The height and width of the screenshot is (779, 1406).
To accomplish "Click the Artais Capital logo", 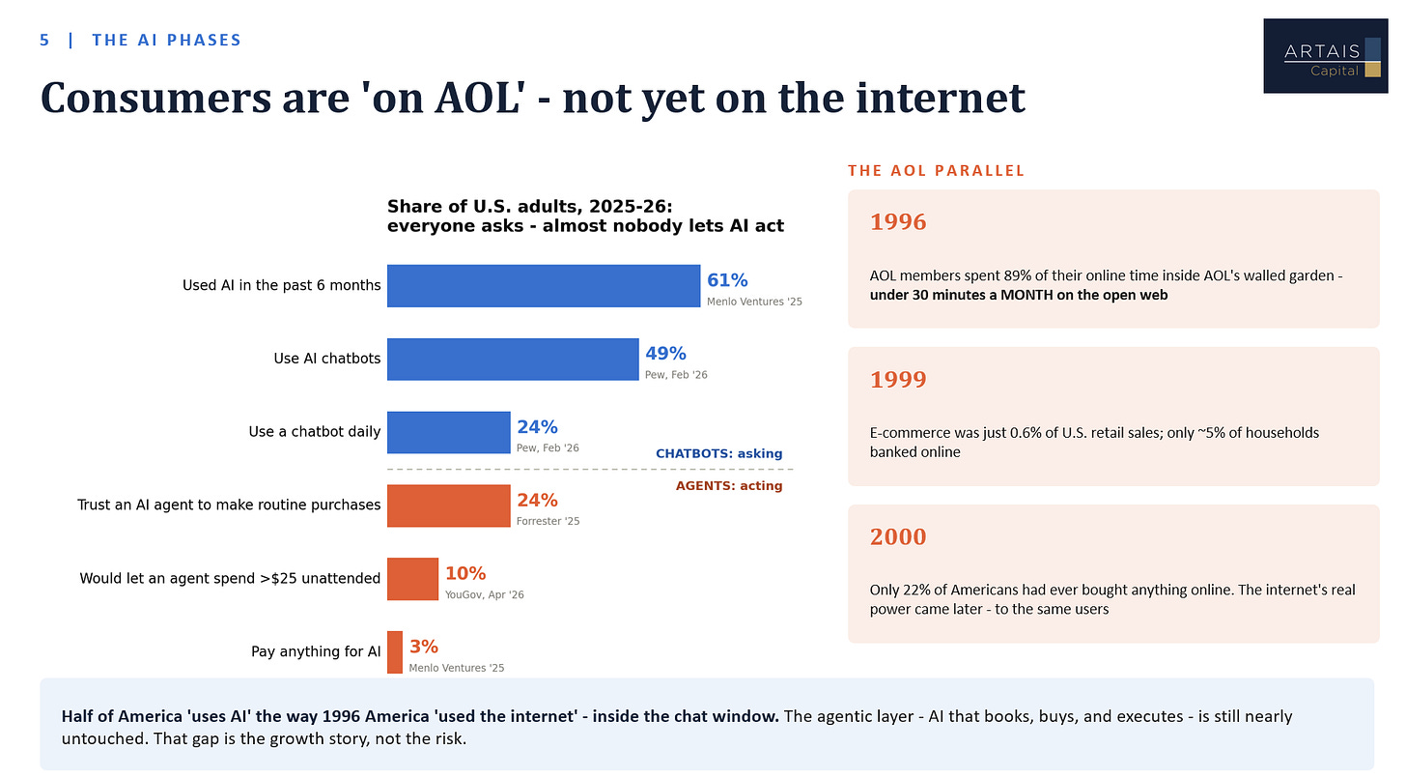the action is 1325,56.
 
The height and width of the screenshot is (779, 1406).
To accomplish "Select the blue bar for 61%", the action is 544,286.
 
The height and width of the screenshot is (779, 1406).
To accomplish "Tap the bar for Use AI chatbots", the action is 513,360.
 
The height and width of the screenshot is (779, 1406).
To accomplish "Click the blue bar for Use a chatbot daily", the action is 449,432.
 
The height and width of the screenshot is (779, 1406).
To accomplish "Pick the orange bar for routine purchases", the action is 449,505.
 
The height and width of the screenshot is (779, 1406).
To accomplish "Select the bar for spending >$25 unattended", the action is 412,579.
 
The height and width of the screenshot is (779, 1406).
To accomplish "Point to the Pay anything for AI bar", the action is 395,652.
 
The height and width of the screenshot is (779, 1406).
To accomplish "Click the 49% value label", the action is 665,354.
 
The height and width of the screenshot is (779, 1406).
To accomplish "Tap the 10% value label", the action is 465,573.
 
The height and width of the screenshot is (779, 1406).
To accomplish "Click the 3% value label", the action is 424,647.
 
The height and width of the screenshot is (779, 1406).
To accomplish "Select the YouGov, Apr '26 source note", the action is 484,594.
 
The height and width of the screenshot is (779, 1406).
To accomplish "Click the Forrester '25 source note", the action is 548,521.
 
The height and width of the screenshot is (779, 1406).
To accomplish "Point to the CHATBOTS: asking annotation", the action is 718,453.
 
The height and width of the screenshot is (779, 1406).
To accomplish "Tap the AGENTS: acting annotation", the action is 729,485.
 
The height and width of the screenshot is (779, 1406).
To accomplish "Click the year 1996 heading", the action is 898,221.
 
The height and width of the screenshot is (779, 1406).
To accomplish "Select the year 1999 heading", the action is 898,380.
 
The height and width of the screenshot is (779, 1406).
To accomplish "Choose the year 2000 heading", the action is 898,536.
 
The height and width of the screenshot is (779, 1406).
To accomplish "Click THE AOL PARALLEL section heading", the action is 936,171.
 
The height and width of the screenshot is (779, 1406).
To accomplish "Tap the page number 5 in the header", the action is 44,41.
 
